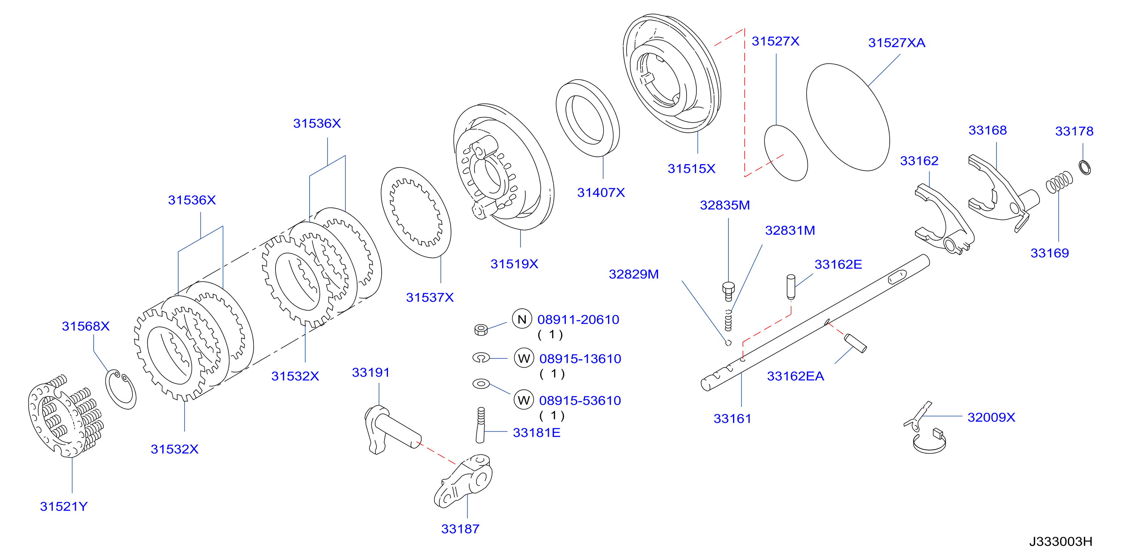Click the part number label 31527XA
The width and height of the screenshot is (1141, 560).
point(896,43)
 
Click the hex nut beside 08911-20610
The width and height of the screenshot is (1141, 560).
point(481,329)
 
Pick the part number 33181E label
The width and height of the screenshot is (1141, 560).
point(536,432)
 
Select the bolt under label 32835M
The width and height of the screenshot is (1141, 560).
point(728,291)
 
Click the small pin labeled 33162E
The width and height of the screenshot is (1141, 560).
point(791,287)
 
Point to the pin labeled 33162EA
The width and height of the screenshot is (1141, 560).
point(855,343)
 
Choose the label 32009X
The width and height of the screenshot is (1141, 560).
point(991,417)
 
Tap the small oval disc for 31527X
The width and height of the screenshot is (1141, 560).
point(786,153)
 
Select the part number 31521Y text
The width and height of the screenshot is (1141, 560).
point(64,506)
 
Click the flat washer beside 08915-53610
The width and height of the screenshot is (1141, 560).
point(481,384)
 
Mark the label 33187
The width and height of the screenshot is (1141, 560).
point(460,529)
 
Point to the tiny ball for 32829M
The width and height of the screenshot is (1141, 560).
point(728,342)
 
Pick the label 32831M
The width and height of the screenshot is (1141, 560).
point(790,231)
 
